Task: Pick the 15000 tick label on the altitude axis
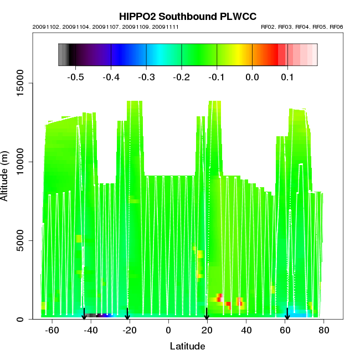point(23,84)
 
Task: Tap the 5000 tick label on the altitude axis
point(23,240)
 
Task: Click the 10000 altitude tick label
point(23,162)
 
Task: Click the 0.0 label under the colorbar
point(252,77)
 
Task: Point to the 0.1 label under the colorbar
point(287,77)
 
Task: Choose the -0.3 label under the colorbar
point(146,77)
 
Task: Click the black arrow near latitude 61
point(287,314)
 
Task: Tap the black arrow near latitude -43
point(84,314)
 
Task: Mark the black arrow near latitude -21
point(127,314)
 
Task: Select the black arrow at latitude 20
point(207,314)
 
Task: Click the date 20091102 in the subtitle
point(43,27)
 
